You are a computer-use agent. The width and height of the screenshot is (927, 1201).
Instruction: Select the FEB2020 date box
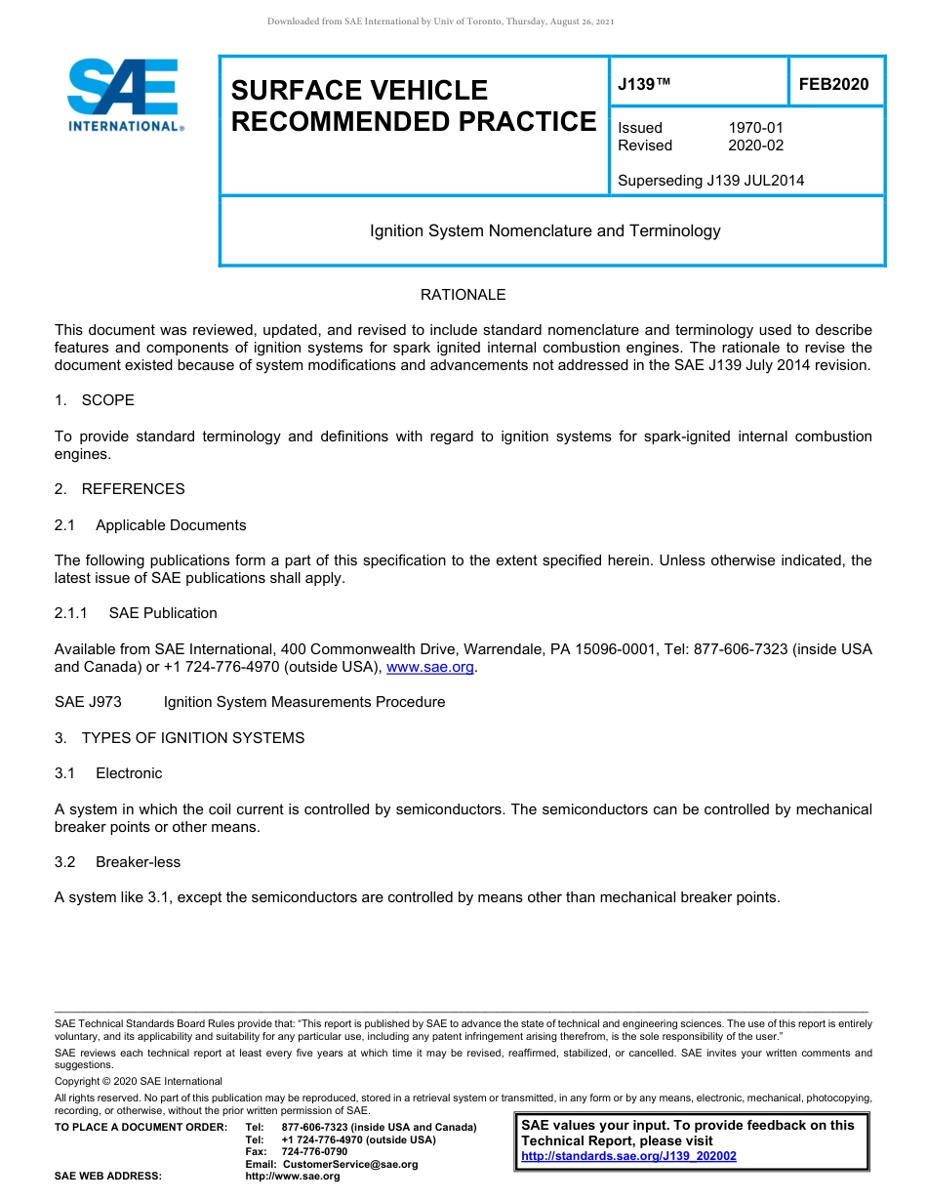pyautogui.click(x=833, y=85)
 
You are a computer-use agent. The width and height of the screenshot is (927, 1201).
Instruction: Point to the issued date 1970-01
pyautogui.click(x=755, y=128)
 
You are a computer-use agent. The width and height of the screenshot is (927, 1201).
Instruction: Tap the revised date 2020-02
pyautogui.click(x=755, y=145)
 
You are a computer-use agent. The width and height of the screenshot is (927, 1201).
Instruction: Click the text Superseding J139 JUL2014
pyautogui.click(x=710, y=180)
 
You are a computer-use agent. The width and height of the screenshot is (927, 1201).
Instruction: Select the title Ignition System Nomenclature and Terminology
pyautogui.click(x=544, y=231)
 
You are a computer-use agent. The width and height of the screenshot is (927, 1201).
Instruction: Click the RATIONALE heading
pyautogui.click(x=463, y=295)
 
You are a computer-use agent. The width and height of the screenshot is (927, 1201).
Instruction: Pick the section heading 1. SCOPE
pyautogui.click(x=95, y=400)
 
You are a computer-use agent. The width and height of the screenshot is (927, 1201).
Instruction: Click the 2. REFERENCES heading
pyautogui.click(x=119, y=489)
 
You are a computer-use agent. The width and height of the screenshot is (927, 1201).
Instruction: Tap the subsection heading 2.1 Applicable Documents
pyautogui.click(x=150, y=525)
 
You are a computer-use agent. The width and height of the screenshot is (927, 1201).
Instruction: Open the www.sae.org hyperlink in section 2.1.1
pyautogui.click(x=430, y=667)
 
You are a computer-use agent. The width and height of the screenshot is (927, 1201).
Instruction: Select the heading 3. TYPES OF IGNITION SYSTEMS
pyautogui.click(x=180, y=738)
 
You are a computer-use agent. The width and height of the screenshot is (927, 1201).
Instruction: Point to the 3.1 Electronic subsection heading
pyautogui.click(x=108, y=773)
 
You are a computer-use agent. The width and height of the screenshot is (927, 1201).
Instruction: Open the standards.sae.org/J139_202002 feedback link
pyautogui.click(x=628, y=1156)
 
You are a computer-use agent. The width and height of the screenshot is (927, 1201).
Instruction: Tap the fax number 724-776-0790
pyautogui.click(x=313, y=1152)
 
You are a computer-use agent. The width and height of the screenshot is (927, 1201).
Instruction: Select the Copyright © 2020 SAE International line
pyautogui.click(x=139, y=1081)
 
